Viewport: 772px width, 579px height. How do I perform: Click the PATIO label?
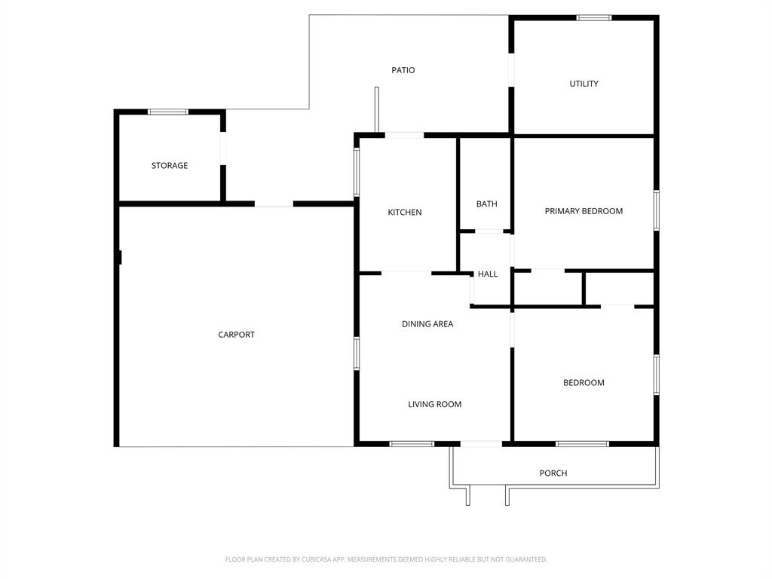[403, 70]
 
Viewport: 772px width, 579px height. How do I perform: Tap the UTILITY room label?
[584, 84]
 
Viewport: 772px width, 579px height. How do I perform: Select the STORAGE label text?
[170, 165]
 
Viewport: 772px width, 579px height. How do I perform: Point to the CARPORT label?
[237, 335]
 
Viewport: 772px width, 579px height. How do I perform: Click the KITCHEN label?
[405, 213]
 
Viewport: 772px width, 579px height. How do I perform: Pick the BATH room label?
[486, 204]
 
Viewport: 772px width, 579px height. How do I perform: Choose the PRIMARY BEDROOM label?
[584, 211]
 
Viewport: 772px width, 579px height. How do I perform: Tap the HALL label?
[488, 274]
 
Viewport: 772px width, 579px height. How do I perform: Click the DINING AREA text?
[427, 324]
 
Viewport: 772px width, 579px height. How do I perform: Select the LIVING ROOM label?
[435, 405]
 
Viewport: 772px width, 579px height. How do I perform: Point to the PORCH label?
[553, 473]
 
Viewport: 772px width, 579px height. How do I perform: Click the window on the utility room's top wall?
[594, 17]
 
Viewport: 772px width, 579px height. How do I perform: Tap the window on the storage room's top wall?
[167, 112]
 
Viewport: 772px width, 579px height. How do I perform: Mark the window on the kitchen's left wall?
[357, 172]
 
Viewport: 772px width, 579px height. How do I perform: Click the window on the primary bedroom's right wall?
[657, 210]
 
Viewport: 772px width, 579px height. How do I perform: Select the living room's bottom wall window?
[412, 443]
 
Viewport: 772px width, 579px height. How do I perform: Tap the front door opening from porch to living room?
[481, 443]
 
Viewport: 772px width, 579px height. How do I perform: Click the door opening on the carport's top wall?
[274, 204]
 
